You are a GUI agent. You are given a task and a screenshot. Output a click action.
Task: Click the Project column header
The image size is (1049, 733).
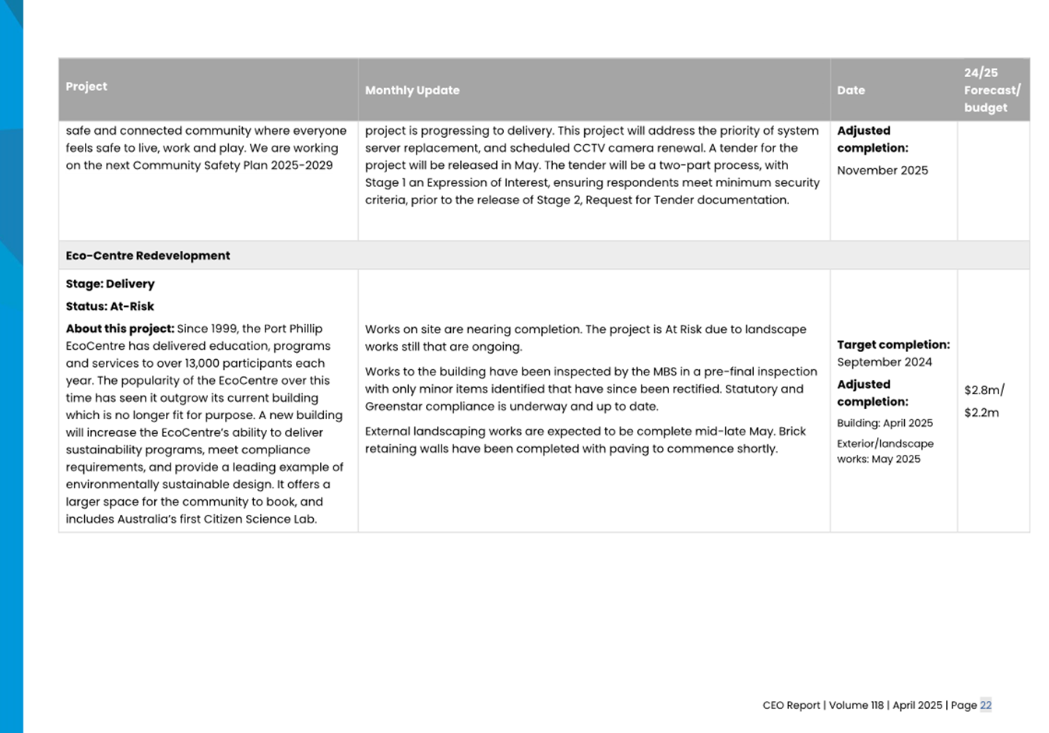click(86, 86)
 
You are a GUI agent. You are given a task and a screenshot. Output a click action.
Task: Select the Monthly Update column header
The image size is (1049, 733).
click(412, 90)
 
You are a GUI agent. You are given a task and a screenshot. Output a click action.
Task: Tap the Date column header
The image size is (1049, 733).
click(850, 90)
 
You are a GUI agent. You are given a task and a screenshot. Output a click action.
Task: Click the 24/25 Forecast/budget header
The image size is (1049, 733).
click(991, 90)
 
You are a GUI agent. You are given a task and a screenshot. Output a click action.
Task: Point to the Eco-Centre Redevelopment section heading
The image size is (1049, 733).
click(147, 255)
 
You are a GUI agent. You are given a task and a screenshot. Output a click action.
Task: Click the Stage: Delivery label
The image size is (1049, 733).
click(110, 284)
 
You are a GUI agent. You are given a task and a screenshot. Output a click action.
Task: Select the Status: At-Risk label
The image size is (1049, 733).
click(110, 306)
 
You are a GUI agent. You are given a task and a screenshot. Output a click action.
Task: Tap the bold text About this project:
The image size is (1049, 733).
click(120, 329)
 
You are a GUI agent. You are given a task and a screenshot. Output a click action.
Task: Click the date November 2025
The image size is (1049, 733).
click(882, 171)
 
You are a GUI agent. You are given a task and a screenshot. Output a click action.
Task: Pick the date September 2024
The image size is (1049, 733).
click(884, 362)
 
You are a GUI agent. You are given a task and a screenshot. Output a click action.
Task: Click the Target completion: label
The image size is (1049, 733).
click(893, 344)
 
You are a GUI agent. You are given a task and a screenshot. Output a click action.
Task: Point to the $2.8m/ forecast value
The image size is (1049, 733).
click(984, 390)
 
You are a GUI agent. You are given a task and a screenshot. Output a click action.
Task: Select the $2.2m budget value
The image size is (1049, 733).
click(980, 413)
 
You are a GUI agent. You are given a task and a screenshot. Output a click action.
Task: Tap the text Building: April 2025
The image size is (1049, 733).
click(885, 423)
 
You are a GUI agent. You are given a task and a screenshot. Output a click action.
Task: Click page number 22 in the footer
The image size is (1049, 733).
click(985, 705)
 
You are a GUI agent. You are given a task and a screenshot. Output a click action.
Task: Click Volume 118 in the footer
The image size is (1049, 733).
click(856, 705)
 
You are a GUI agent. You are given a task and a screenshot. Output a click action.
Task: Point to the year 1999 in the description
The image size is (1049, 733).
click(224, 329)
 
